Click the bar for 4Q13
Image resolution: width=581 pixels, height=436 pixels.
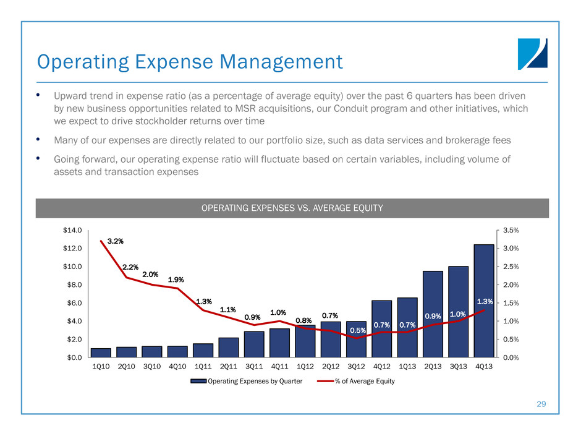tap(483, 301)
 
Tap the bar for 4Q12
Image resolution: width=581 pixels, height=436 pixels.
tap(381, 329)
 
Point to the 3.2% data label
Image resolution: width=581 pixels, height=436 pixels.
tap(114, 240)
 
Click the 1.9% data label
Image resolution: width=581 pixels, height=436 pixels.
tap(176, 279)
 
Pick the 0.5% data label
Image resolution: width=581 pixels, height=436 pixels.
tap(357, 330)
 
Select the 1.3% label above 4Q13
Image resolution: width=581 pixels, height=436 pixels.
tap(485, 301)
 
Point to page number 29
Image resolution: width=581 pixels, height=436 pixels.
tap(542, 404)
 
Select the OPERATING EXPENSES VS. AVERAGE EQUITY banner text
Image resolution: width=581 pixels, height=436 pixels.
tap(292, 208)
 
